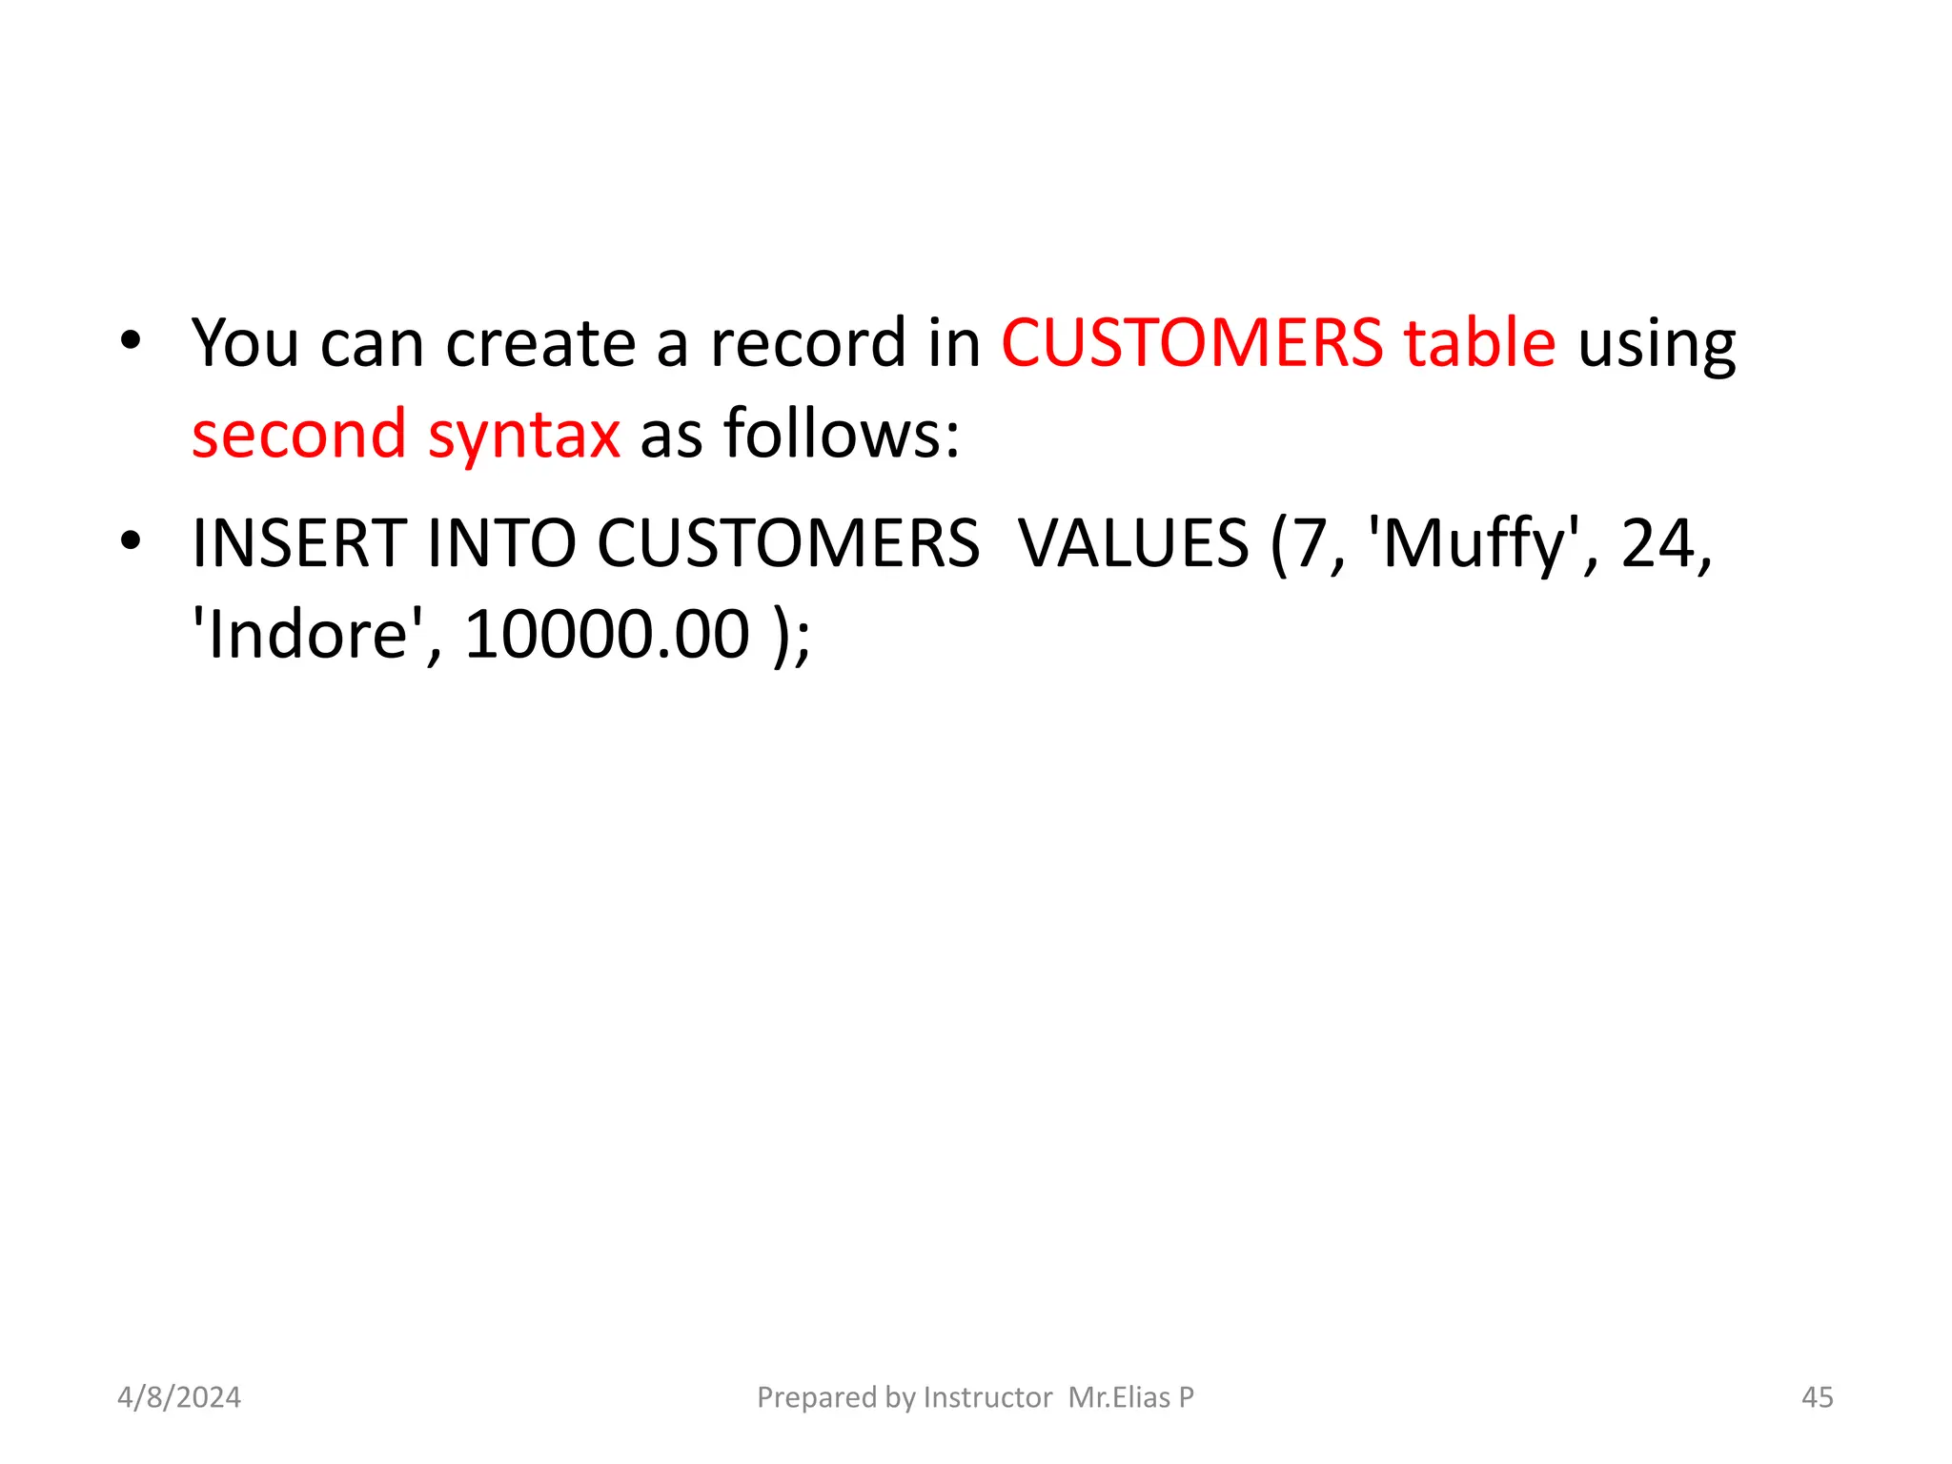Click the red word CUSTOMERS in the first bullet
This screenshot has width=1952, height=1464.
[1191, 342]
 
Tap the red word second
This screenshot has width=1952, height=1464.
[299, 434]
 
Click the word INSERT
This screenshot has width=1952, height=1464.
[299, 543]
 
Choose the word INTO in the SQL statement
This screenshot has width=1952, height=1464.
[501, 543]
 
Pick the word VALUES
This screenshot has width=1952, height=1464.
[1133, 543]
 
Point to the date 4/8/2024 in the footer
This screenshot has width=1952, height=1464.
[179, 1397]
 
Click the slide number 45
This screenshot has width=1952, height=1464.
[1817, 1397]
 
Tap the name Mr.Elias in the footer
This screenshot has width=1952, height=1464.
[1119, 1397]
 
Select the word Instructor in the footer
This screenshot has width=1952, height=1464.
[987, 1397]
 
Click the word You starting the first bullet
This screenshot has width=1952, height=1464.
[245, 342]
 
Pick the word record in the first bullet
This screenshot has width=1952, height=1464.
[809, 342]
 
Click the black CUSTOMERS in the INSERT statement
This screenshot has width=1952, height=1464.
[788, 543]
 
